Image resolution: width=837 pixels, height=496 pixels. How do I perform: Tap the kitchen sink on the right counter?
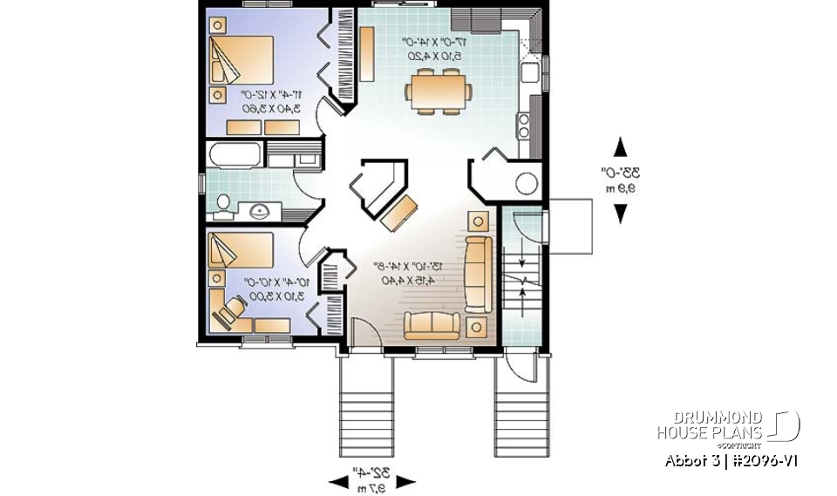(x=527, y=71)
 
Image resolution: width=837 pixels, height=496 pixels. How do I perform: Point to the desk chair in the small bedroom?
(x=231, y=309)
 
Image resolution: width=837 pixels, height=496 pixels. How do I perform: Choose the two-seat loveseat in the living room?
(x=432, y=324)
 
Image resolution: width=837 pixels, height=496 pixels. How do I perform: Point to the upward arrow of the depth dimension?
(x=620, y=146)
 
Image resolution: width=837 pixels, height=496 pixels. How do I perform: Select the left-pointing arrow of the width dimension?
(x=337, y=480)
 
